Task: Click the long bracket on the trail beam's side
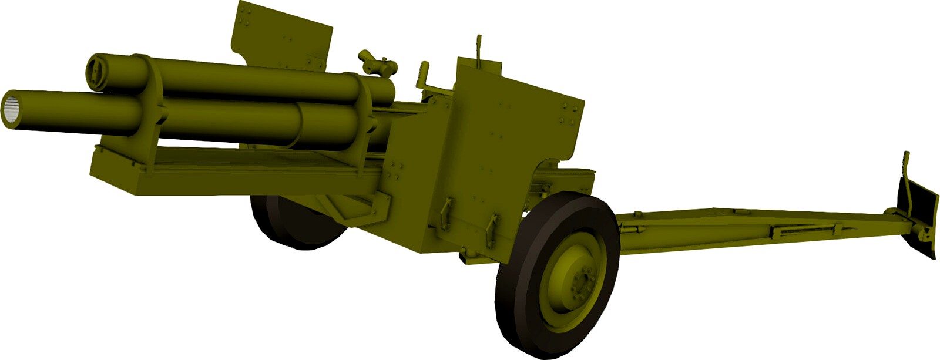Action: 793,231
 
